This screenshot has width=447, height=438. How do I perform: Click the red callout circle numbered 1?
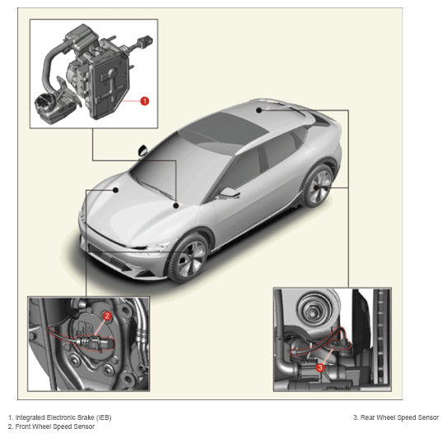click(145, 101)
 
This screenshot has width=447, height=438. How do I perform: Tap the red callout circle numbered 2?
click(107, 316)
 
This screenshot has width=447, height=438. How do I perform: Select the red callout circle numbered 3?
click(320, 367)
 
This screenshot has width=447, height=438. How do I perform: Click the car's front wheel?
click(189, 259)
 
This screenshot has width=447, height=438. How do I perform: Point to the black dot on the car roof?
click(258, 110)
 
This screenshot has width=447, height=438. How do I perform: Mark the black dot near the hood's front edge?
click(116, 190)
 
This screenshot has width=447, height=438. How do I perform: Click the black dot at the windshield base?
click(176, 205)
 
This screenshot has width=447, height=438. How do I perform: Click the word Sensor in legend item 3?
click(428, 417)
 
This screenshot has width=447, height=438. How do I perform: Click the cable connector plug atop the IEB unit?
click(145, 42)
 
